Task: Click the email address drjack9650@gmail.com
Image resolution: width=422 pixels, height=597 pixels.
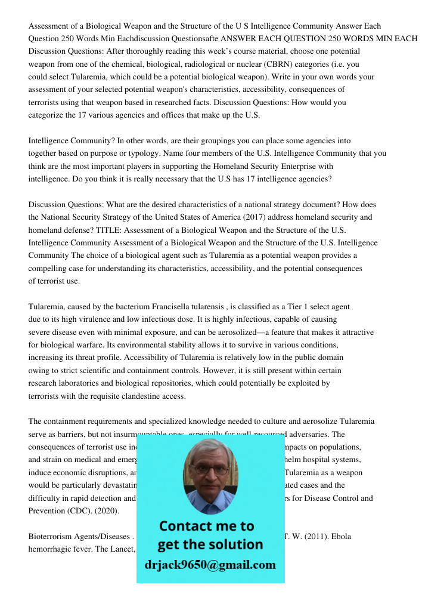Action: click(210, 565)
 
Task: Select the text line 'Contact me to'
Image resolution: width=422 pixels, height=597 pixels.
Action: click(206, 526)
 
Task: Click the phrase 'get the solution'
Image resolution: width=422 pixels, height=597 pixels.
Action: click(210, 544)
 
